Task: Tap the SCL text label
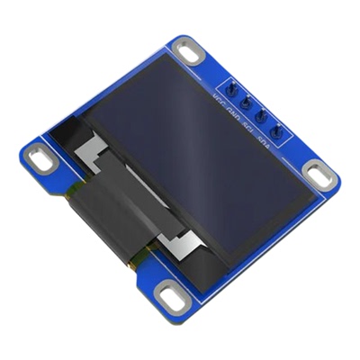[x=250, y=126]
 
